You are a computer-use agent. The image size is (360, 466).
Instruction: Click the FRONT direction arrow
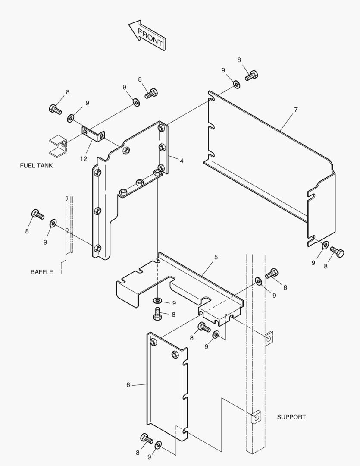point(147,35)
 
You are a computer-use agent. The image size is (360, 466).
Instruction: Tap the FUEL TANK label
point(36,166)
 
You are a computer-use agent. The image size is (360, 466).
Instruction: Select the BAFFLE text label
point(42,272)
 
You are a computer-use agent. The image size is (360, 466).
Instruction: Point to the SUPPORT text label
point(291,417)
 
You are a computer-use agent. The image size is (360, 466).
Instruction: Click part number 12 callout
point(84,159)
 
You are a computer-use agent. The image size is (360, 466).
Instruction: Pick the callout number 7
point(296,110)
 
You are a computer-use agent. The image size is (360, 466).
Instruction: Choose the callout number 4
point(182,161)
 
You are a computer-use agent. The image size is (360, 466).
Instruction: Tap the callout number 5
point(216,257)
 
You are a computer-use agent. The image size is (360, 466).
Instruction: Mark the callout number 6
point(128,385)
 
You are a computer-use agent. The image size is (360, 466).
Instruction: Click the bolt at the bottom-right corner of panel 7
point(337,252)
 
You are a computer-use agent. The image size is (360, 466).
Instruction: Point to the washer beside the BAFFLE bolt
point(53,223)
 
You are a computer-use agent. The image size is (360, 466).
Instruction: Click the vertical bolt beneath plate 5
point(157,314)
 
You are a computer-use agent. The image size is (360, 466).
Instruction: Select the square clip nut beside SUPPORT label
point(256,418)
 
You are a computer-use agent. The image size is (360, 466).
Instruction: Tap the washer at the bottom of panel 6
point(158,445)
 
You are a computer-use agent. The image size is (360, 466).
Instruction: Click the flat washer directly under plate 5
point(157,300)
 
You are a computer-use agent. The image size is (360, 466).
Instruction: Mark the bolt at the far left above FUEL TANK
point(55,109)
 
